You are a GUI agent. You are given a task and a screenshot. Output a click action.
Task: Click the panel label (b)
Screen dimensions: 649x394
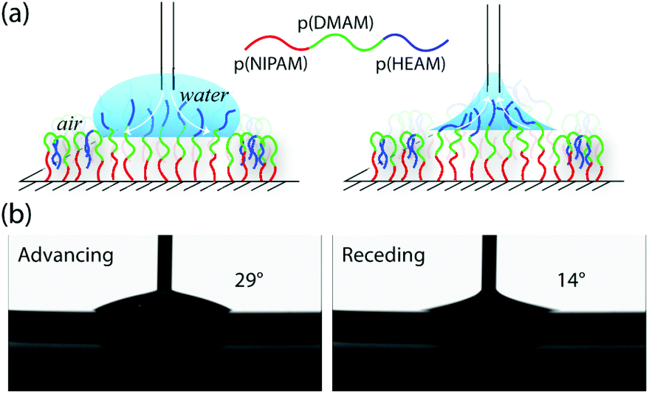pyautogui.click(x=16, y=215)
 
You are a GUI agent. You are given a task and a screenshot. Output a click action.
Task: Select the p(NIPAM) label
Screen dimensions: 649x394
pyautogui.click(x=271, y=65)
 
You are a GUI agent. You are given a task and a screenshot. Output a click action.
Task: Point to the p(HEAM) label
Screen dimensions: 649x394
pyautogui.click(x=411, y=65)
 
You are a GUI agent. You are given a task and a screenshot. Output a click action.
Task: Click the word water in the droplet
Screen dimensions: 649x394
pyautogui.click(x=204, y=96)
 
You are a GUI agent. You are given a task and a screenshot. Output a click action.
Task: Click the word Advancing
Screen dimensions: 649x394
pyautogui.click(x=66, y=256)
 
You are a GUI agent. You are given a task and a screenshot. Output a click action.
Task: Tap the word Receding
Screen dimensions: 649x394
pyautogui.click(x=383, y=256)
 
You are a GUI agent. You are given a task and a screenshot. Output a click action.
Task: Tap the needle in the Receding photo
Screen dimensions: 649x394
pyautogui.click(x=490, y=261)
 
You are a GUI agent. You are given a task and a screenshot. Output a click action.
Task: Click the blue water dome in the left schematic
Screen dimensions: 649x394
pyautogui.click(x=166, y=106)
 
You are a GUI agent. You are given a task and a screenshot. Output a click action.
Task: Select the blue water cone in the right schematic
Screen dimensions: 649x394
pyautogui.click(x=492, y=108)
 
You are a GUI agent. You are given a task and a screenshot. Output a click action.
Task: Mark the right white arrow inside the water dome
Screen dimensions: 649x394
pyautogui.click(x=190, y=111)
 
